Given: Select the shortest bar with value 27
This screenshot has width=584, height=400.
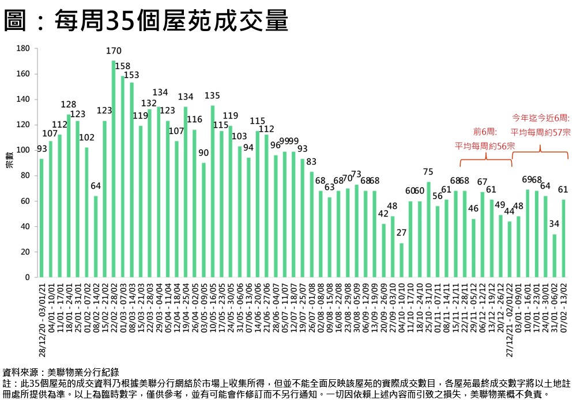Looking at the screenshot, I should point(401,260).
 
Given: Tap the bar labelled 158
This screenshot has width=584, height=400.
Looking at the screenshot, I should point(123,177).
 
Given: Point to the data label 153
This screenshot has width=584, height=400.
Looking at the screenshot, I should point(132,75).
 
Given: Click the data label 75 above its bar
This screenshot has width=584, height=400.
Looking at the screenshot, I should point(428,172).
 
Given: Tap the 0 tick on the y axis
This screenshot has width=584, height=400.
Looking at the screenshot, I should point(27,277).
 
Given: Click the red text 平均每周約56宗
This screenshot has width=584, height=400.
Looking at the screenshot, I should point(484,146).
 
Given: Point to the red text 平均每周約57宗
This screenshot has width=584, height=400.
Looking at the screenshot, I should point(541,132).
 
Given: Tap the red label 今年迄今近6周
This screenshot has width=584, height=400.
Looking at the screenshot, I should point(541,118).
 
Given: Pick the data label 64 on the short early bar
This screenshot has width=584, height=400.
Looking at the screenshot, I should point(96,186).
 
